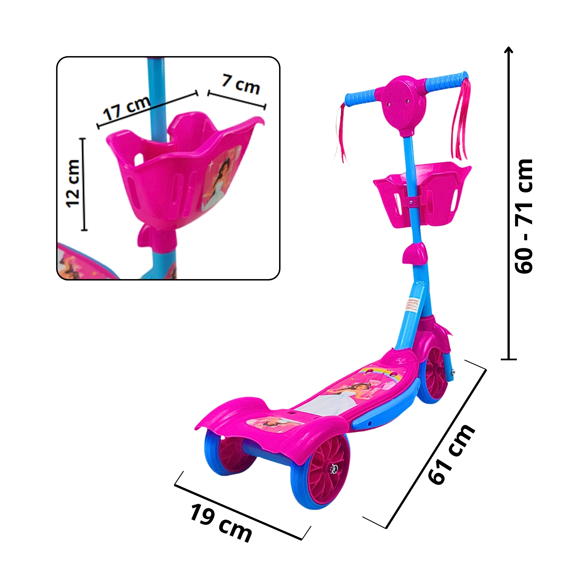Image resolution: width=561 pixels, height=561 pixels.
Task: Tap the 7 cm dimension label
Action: pyautogui.click(x=241, y=84)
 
